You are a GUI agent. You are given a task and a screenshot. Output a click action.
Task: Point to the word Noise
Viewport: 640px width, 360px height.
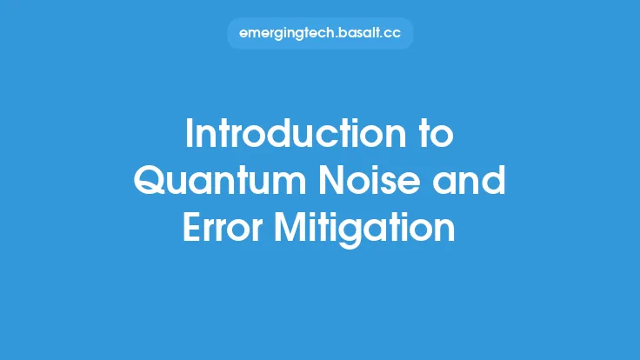(358, 182)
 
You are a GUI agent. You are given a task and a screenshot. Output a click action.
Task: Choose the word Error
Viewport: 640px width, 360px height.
(221, 230)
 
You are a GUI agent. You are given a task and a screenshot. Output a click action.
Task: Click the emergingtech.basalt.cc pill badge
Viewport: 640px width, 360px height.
(320, 34)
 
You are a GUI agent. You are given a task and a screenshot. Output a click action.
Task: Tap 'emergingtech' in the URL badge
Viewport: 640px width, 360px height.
(282, 34)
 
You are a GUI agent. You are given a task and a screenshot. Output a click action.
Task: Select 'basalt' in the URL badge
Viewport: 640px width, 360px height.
(357, 34)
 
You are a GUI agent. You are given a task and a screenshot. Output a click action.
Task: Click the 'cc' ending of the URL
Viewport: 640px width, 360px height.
(392, 34)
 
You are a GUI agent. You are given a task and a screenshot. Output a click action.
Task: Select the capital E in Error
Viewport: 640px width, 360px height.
(190, 230)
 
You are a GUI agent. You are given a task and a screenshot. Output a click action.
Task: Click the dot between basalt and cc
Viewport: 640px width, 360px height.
(381, 37)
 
